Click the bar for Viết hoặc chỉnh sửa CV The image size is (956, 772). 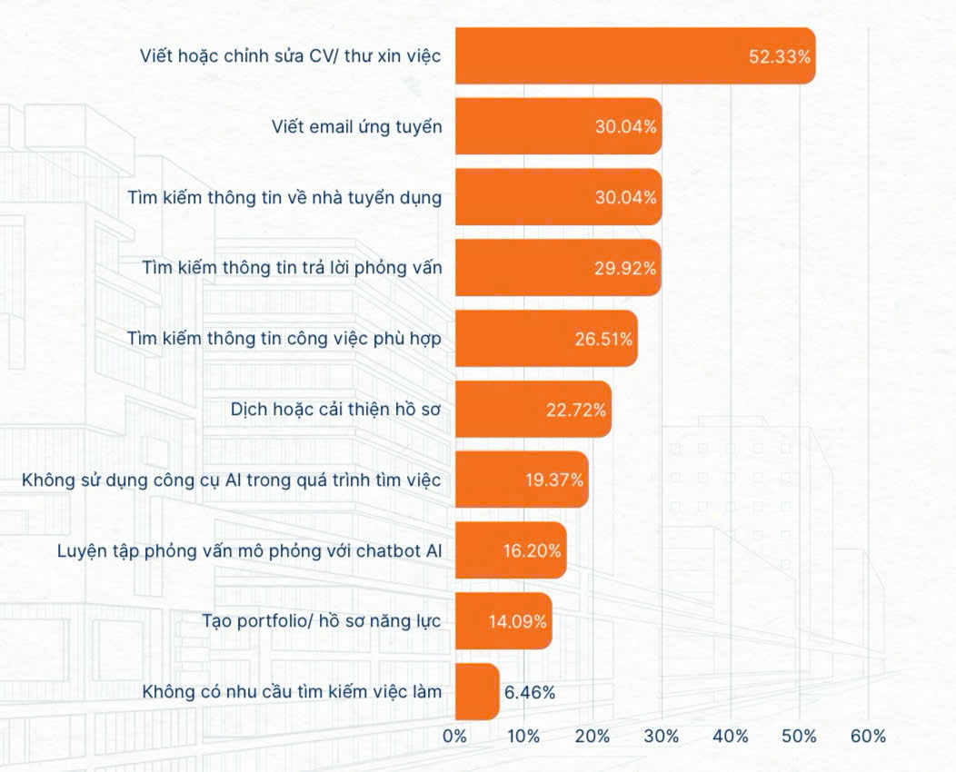click(600, 56)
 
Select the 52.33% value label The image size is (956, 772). click(779, 56)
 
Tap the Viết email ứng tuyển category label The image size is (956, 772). click(357, 126)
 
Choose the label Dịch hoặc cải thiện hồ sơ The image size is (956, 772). click(336, 409)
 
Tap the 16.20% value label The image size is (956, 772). click(532, 550)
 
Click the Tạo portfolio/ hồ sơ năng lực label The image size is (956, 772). click(322, 621)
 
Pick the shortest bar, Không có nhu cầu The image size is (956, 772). click(476, 692)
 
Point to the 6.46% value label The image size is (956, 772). click(530, 692)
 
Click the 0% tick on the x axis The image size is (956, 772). click(454, 737)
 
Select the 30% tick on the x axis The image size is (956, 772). click(662, 737)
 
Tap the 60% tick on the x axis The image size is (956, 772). click(868, 737)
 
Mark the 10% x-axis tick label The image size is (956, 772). click(523, 737)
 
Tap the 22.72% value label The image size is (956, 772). click(576, 410)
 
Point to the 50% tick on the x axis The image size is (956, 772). click(800, 737)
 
